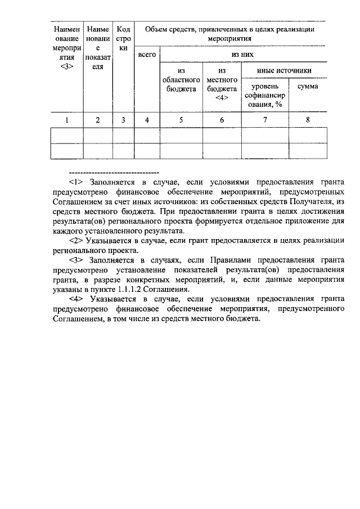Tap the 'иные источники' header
click(x=284, y=70)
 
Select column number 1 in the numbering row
click(x=67, y=119)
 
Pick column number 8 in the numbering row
click(x=308, y=119)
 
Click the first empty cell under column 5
click(x=181, y=136)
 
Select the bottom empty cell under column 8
click(x=308, y=151)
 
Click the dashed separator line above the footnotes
click(x=113, y=172)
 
